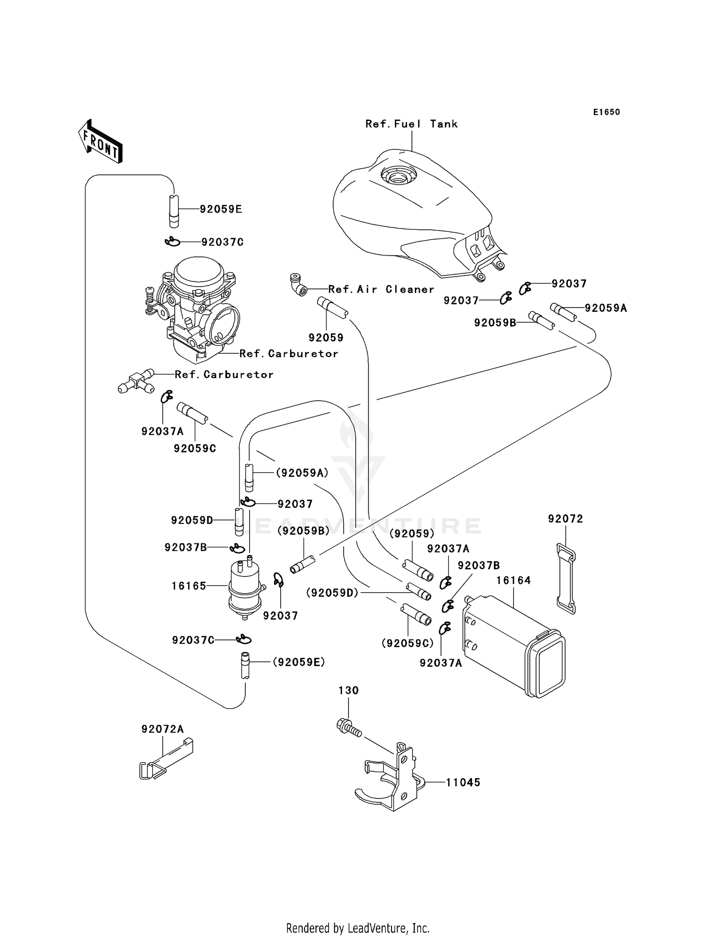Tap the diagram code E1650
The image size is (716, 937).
pos(606,112)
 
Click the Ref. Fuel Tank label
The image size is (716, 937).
pos(411,124)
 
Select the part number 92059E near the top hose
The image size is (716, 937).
pos(221,209)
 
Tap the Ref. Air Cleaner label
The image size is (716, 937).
pos(381,289)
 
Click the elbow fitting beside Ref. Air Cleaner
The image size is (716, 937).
pos(298,285)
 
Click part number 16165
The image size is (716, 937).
pos(189,586)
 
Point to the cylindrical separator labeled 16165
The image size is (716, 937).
pos(245,587)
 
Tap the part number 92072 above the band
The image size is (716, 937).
pos(566,519)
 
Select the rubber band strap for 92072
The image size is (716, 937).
pos(566,578)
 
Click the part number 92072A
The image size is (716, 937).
pos(162,729)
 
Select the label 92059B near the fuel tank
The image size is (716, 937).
pos(495,323)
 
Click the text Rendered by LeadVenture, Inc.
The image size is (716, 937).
pos(358,928)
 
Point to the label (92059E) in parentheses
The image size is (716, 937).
pos(299,662)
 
